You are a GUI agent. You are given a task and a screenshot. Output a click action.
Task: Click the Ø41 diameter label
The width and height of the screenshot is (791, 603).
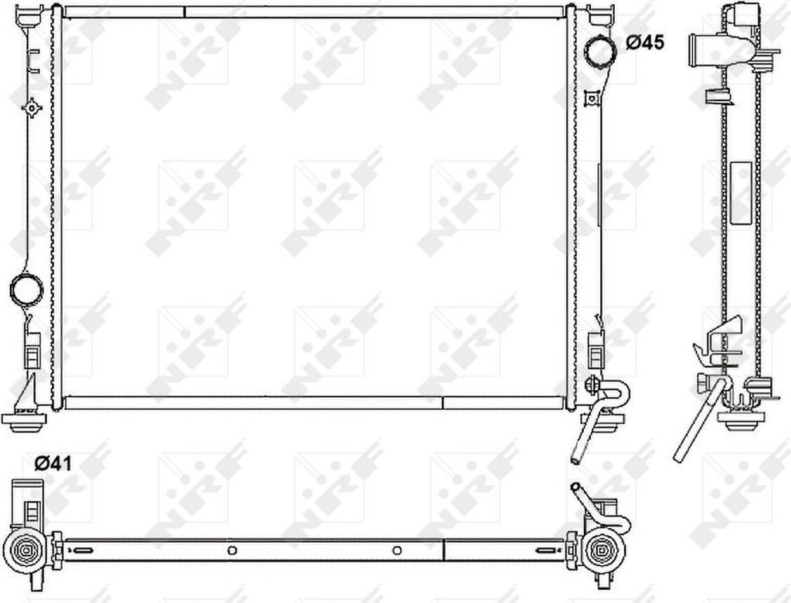point(53,463)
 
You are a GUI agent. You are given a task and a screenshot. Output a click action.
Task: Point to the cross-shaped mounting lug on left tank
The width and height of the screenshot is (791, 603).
point(32,107)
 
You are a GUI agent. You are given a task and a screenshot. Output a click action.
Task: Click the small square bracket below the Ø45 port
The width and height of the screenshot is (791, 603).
point(592,97)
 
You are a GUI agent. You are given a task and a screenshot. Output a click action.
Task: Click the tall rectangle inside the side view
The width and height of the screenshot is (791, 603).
point(741,191)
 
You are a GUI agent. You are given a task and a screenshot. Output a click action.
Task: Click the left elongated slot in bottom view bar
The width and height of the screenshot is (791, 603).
point(82,550)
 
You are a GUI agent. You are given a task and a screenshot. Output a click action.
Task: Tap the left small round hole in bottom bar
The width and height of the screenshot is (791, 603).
point(232,550)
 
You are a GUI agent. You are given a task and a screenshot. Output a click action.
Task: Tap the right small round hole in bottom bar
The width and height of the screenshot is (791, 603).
point(397,550)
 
